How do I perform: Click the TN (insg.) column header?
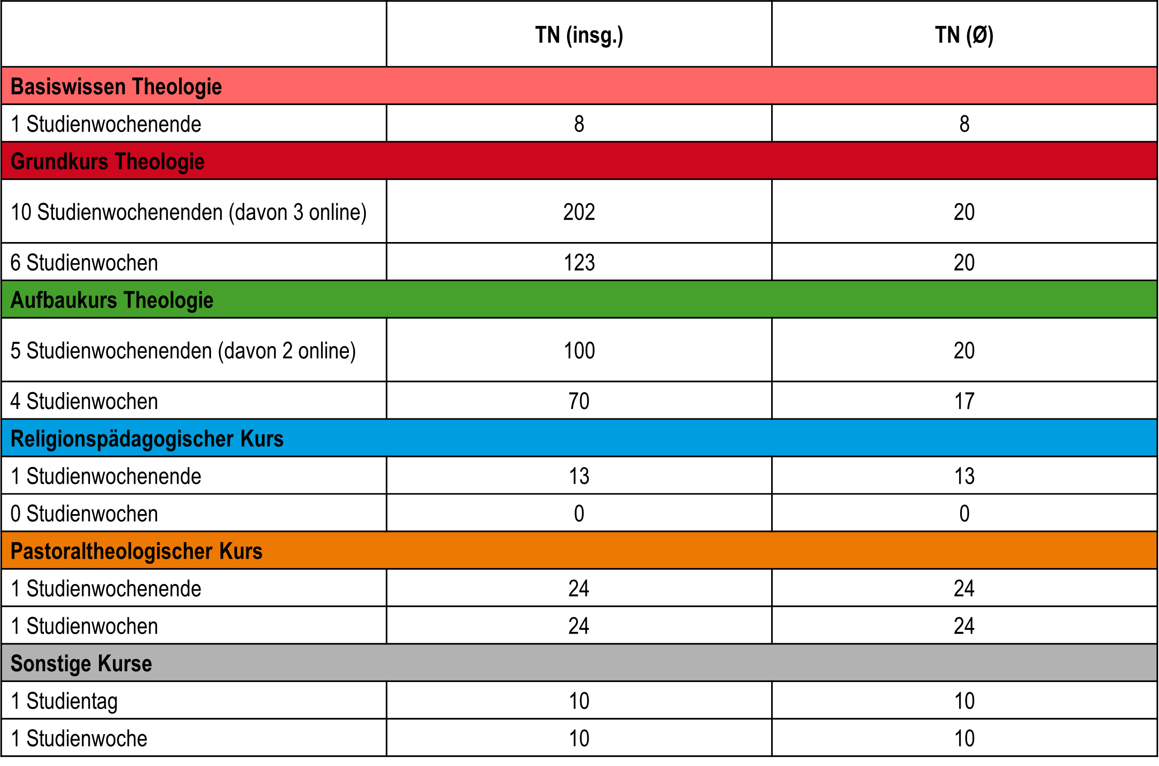point(579,36)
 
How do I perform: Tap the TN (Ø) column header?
point(965,36)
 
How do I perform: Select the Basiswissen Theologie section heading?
point(116,87)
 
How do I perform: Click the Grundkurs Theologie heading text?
point(107,162)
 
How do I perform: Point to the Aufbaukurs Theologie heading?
point(112,300)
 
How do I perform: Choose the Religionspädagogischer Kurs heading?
point(147,439)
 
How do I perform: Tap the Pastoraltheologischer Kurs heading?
point(137,552)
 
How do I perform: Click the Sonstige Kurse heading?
point(81,664)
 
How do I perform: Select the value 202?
point(579,212)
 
